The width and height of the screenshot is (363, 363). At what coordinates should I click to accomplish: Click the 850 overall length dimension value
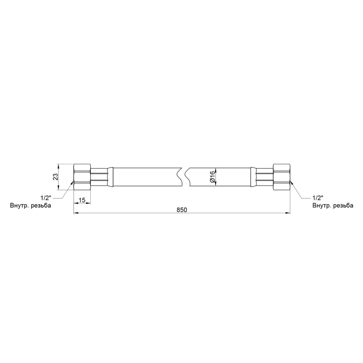tap(182, 209)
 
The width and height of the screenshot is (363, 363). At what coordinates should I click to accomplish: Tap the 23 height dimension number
tap(56, 177)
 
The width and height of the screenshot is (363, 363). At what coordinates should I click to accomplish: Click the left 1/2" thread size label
tap(46, 199)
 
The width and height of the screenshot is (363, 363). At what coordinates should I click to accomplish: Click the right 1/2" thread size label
tap(318, 199)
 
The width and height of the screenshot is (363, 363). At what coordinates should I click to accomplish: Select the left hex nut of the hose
tap(82, 177)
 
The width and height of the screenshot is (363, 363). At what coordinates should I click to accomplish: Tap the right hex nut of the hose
tap(281, 177)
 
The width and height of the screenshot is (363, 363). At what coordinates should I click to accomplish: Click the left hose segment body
tap(145, 177)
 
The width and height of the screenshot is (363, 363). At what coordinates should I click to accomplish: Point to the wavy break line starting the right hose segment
tap(187, 177)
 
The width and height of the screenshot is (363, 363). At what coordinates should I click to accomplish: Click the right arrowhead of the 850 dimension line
tap(288, 213)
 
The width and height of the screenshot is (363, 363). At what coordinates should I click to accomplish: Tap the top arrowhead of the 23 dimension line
tap(59, 166)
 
